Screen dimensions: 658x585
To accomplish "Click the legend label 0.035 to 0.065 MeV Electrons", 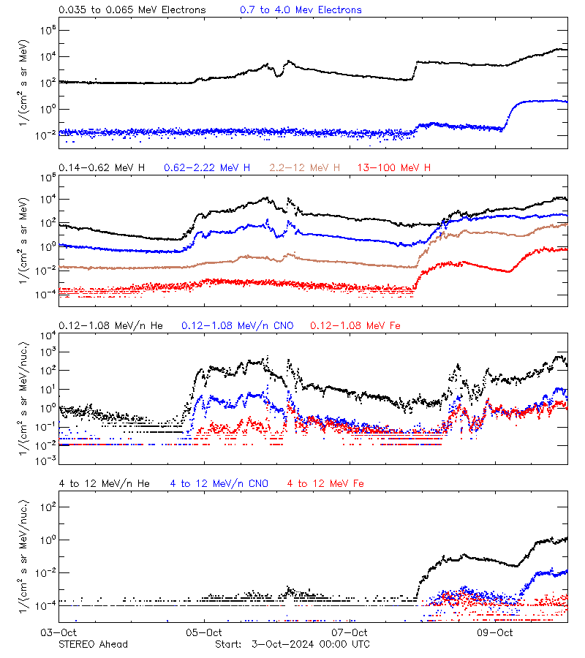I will [x=132, y=10].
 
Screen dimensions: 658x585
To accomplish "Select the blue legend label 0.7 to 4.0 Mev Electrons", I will [x=301, y=10].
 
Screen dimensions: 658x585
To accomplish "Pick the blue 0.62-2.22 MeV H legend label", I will [x=207, y=168].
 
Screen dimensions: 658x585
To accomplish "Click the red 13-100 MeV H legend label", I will [x=394, y=168].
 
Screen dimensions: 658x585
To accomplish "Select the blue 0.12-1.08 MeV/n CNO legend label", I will [x=237, y=325].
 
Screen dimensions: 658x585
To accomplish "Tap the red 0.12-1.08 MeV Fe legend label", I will [x=355, y=325].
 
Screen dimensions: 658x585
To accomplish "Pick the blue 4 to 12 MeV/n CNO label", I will [x=219, y=483].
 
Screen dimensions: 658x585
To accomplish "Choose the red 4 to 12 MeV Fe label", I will [x=325, y=483].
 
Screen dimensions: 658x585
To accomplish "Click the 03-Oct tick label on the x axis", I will [x=58, y=632].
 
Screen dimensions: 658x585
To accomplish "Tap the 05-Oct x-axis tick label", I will [x=204, y=632].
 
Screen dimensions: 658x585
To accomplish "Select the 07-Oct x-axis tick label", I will [x=350, y=632].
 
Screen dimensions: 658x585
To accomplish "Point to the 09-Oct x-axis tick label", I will [x=495, y=632].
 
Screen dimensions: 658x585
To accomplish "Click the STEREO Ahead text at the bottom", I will [x=93, y=644].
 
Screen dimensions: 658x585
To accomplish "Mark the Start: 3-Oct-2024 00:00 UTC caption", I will [x=292, y=644].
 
